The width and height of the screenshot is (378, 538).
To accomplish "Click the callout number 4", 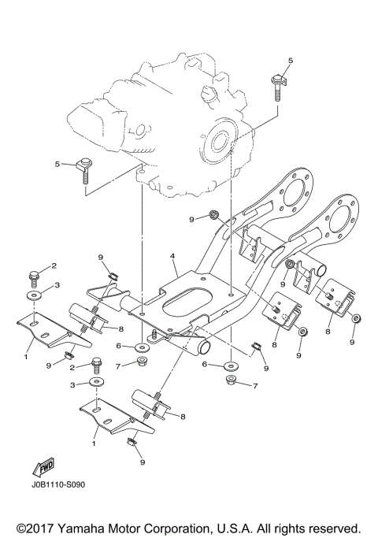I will [172, 256].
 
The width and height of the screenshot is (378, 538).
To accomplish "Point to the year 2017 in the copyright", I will [46, 526].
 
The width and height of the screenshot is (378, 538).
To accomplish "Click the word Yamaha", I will [91, 526].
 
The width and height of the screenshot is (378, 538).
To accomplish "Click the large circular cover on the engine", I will [219, 143].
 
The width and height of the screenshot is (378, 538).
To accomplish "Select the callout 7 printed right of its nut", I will [255, 385].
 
